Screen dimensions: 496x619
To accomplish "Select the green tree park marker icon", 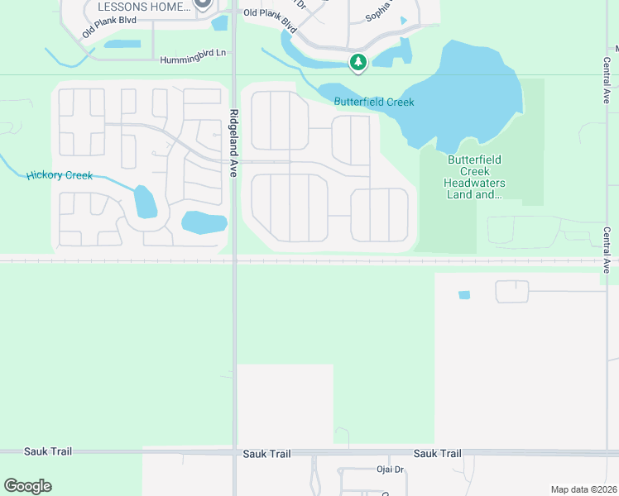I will coord(358,62).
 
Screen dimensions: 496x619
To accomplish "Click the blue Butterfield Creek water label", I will coord(374,102).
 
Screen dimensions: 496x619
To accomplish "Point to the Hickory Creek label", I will coord(60,175).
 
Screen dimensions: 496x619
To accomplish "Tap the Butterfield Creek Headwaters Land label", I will coord(474,177).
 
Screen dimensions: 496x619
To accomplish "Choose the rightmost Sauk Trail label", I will coord(437,453).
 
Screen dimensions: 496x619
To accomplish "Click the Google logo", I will coord(27,486).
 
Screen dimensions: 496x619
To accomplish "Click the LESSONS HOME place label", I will coord(144,7).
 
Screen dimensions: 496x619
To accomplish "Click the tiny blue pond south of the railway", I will coord(463,295).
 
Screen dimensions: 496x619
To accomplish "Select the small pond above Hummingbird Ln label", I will coord(122,44).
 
